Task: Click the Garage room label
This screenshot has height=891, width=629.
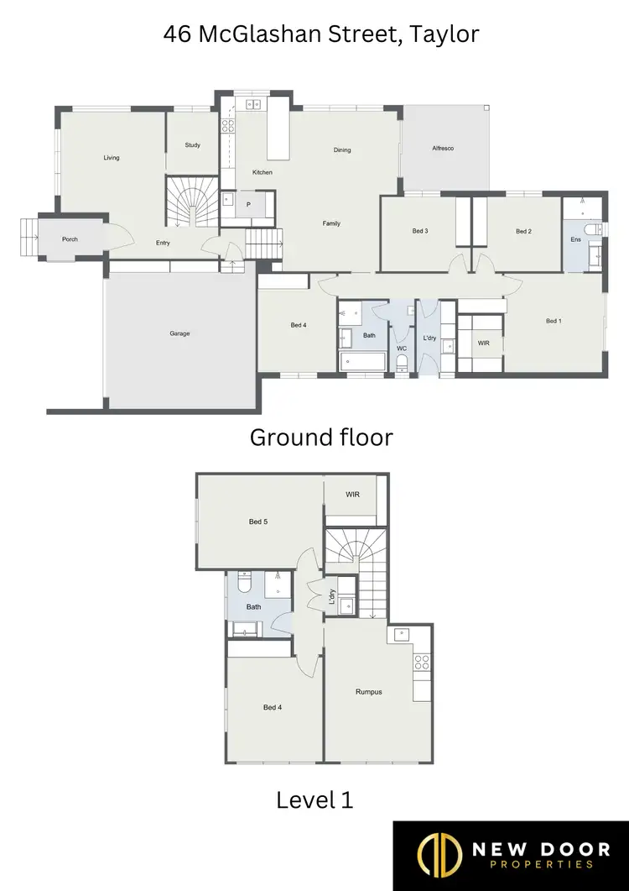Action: (x=179, y=333)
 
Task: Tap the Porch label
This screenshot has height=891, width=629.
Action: (x=70, y=239)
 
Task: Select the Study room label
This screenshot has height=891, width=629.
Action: (x=192, y=145)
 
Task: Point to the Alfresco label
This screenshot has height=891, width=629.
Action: (x=443, y=149)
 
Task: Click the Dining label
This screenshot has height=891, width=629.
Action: (x=342, y=150)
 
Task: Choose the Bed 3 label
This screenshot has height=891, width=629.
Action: (x=420, y=231)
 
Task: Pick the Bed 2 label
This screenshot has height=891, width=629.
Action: (x=523, y=231)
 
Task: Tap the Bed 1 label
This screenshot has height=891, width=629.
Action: (x=554, y=321)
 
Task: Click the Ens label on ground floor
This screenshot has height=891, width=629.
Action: (x=575, y=240)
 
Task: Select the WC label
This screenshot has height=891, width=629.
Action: (x=402, y=348)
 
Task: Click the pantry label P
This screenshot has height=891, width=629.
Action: (x=248, y=205)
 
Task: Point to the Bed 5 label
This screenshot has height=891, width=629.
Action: (x=257, y=521)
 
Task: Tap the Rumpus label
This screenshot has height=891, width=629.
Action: (x=368, y=692)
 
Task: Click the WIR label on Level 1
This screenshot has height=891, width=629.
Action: (x=352, y=495)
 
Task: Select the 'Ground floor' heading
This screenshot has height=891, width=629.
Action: (x=321, y=438)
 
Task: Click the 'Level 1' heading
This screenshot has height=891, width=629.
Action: (x=314, y=800)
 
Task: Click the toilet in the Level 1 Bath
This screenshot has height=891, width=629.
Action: (x=244, y=583)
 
